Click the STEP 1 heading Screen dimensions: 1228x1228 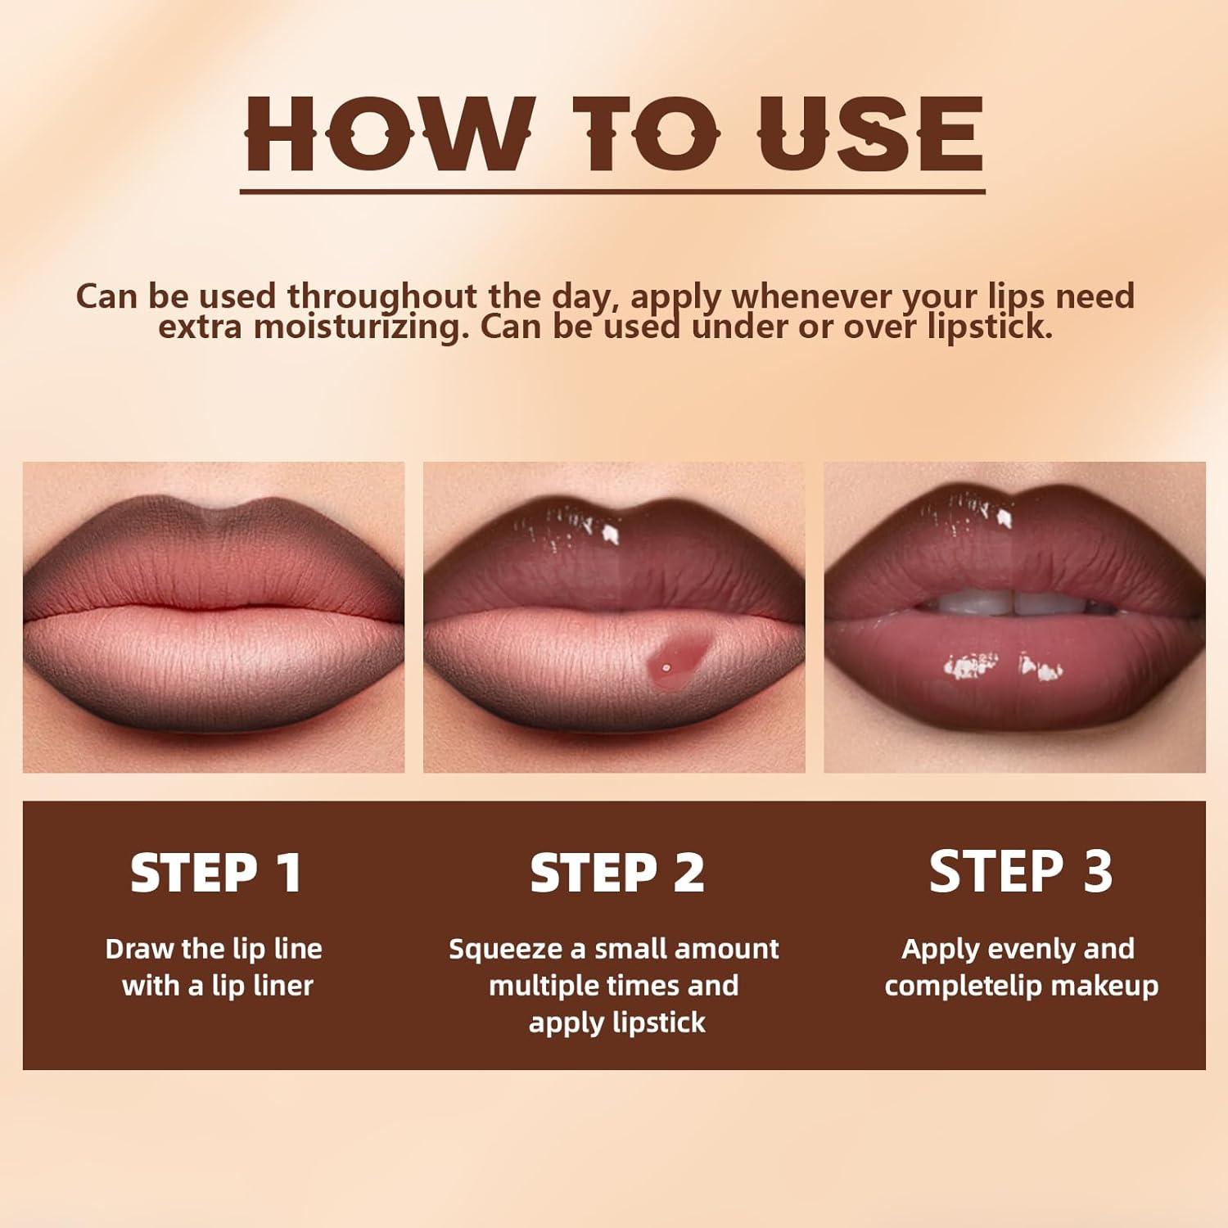217,873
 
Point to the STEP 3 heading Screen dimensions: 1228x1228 1021,871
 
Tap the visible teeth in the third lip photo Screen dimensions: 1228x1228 1015,603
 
